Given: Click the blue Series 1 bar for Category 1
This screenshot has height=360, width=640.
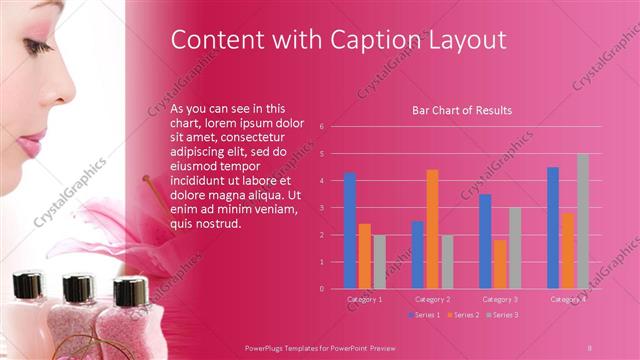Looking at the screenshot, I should [350, 231].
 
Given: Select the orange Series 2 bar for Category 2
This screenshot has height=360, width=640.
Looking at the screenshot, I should [432, 229].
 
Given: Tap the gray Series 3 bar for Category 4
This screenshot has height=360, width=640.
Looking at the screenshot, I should [582, 221].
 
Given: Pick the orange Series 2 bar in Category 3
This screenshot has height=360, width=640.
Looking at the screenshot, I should [499, 264].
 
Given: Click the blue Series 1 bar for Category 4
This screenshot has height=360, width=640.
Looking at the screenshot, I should [553, 228].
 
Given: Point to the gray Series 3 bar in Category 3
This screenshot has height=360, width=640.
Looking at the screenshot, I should [514, 248].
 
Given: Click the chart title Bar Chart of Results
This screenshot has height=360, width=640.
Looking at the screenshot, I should [462, 110].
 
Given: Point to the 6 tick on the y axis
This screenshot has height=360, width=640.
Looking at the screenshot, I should [321, 127].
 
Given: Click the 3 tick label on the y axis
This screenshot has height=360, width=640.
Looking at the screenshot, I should [321, 208].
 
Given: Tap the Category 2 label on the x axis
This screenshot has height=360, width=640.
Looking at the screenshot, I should [432, 299].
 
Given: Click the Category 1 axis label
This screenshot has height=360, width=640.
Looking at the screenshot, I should [364, 299].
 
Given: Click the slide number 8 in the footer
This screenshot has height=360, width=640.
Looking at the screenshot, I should [590, 346].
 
